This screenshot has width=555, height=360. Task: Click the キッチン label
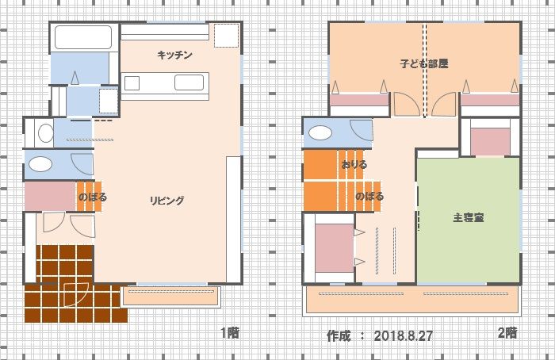pos(175,55)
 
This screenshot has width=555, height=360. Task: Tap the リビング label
pos(167,201)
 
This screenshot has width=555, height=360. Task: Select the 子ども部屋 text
pos(424,63)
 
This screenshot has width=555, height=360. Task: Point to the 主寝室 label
pos(469,217)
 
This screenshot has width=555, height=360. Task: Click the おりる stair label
pos(354,165)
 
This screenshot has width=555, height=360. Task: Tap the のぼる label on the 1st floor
pos(93,197)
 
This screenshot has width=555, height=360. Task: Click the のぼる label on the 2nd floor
pos(369,196)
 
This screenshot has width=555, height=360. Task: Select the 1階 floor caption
pos(230,333)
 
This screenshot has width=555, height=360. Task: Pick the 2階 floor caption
pos(507,333)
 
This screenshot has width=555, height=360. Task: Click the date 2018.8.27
pos(403,336)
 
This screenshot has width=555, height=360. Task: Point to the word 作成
pos(339,336)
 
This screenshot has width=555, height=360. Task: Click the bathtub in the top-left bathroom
pos(83,37)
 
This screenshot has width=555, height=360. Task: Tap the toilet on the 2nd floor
pos(320,133)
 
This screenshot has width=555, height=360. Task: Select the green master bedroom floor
pos(469,220)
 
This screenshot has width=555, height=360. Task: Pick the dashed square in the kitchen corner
pos(226,36)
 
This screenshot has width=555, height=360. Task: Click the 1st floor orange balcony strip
pos(171,296)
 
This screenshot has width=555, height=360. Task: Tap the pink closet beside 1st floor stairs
pos(51,196)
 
